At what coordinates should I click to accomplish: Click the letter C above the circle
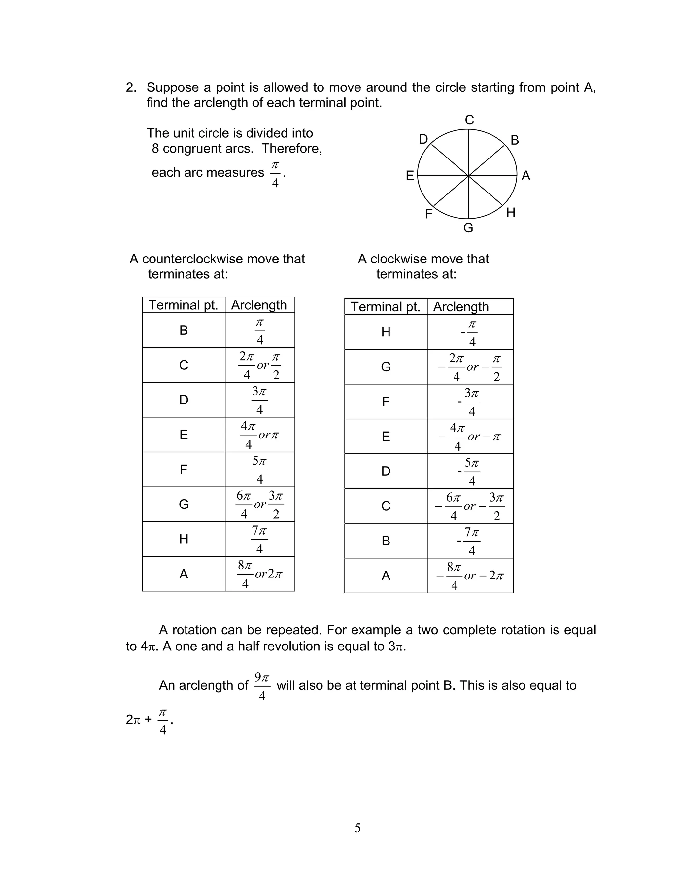(469, 120)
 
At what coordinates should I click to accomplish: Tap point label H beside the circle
(511, 213)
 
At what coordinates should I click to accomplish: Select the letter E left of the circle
(410, 176)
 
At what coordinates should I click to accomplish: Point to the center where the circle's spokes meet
(468, 175)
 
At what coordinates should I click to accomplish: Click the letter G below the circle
(468, 228)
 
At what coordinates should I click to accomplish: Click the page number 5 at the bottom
(357, 828)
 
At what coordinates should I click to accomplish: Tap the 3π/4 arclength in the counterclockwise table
(259, 400)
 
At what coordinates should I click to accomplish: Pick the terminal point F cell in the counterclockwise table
(184, 470)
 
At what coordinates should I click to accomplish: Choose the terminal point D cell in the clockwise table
(386, 471)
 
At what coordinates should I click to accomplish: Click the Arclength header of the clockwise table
(461, 307)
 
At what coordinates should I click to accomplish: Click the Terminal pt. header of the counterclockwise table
(184, 305)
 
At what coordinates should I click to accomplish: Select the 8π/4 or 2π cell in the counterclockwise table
(259, 574)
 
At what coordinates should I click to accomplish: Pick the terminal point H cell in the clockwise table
(386, 332)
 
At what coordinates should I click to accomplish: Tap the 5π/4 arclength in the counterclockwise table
(259, 470)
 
